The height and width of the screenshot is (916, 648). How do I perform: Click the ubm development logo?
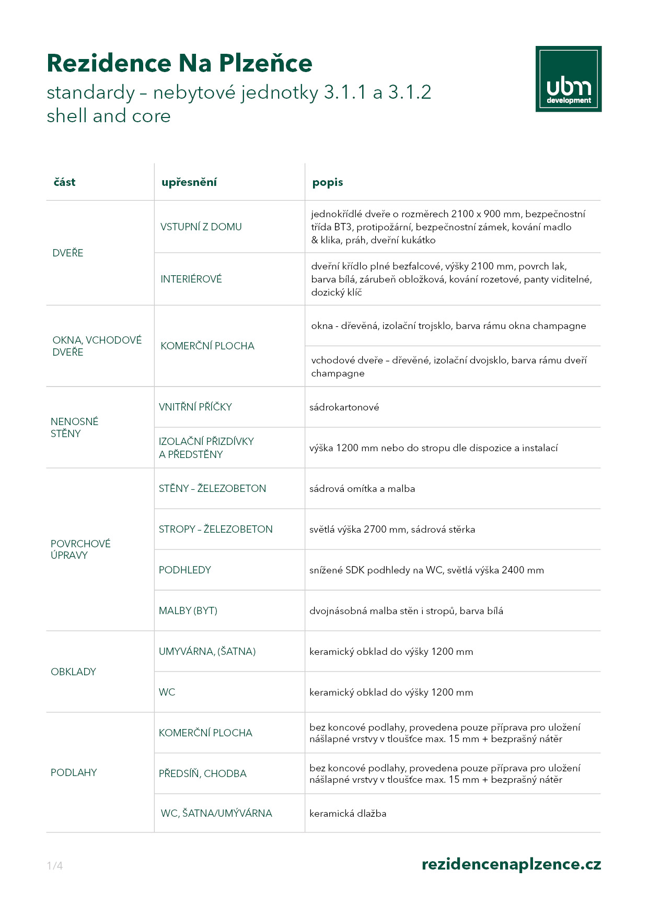pyautogui.click(x=568, y=79)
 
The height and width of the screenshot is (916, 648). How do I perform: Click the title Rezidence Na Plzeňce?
pyautogui.click(x=179, y=63)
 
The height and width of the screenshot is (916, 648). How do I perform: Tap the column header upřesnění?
pyautogui.click(x=189, y=182)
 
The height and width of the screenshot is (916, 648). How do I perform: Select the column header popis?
pyautogui.click(x=327, y=182)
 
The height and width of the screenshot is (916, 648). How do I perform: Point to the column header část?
pyautogui.click(x=64, y=182)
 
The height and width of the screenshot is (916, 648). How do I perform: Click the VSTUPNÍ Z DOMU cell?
pyautogui.click(x=201, y=227)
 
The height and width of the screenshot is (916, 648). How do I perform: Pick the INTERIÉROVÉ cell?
pyautogui.click(x=191, y=279)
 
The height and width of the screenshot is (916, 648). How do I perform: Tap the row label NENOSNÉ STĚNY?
pyautogui.click(x=74, y=427)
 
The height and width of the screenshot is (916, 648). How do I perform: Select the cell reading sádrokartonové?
pyautogui.click(x=344, y=407)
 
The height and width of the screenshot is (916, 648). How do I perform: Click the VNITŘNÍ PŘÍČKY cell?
pyautogui.click(x=195, y=407)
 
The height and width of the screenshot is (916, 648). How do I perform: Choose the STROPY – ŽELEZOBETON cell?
pyautogui.click(x=215, y=529)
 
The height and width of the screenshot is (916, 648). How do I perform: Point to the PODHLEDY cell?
pyautogui.click(x=184, y=570)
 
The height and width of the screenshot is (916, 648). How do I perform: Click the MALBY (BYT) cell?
pyautogui.click(x=188, y=610)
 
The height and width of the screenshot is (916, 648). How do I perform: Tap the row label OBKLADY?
pyautogui.click(x=73, y=672)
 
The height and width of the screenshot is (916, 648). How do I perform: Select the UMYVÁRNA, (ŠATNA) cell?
pyautogui.click(x=207, y=651)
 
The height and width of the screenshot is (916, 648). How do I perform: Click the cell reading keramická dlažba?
pyautogui.click(x=348, y=813)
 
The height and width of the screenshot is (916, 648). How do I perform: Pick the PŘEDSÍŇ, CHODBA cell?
pyautogui.click(x=202, y=773)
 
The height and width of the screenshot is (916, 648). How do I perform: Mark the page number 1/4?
pyautogui.click(x=54, y=866)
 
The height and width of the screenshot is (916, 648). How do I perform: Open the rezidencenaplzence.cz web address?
pyautogui.click(x=511, y=864)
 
